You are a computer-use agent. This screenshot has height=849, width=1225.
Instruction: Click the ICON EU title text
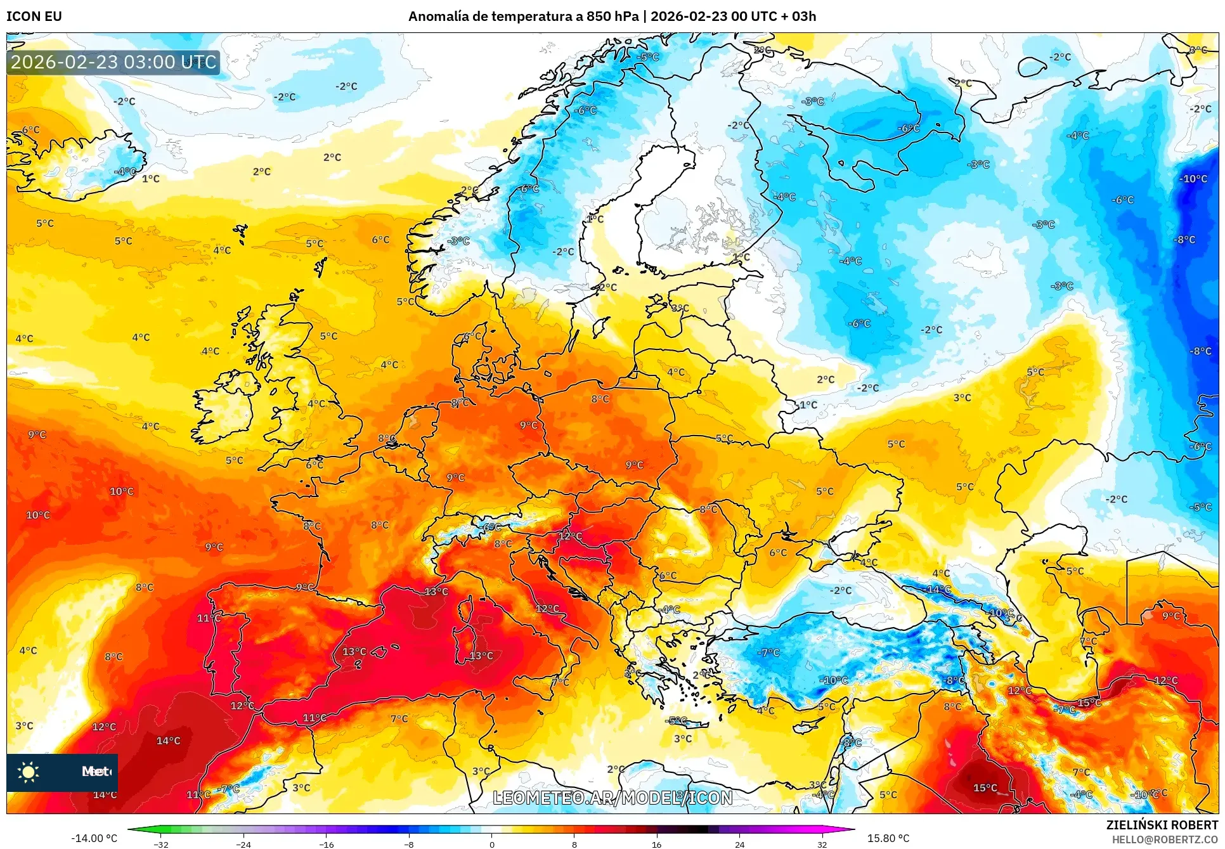tap(34, 16)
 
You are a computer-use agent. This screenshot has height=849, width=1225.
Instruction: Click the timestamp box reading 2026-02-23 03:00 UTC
tap(113, 62)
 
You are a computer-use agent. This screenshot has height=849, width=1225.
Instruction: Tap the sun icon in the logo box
tap(29, 772)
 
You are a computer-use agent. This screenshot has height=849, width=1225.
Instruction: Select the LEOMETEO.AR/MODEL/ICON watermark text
tap(612, 798)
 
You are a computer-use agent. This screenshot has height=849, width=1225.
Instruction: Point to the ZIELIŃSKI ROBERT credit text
tap(1162, 825)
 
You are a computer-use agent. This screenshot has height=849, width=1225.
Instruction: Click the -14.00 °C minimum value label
tap(94, 838)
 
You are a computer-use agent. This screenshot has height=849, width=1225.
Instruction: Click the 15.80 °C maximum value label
tap(888, 838)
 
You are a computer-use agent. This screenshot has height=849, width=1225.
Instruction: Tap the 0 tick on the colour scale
tap(491, 844)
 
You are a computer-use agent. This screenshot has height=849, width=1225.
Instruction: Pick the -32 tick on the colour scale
tap(161, 844)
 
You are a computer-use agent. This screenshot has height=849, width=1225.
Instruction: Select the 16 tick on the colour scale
tap(656, 844)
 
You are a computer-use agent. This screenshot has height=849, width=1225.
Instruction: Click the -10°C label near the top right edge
tap(1193, 179)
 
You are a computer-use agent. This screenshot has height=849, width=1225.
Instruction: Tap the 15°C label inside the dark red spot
tap(985, 787)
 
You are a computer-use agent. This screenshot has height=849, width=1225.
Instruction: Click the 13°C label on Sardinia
tap(481, 656)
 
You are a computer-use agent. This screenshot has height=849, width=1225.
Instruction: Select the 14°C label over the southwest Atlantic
tap(168, 741)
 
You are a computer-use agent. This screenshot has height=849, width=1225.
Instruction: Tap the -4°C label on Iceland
tap(125, 171)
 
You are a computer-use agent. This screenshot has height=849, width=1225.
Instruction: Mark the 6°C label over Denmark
tap(472, 336)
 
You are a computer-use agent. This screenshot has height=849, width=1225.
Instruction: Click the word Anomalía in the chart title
tap(438, 16)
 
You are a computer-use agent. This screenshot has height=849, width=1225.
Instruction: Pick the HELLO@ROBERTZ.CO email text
tap(1165, 839)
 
